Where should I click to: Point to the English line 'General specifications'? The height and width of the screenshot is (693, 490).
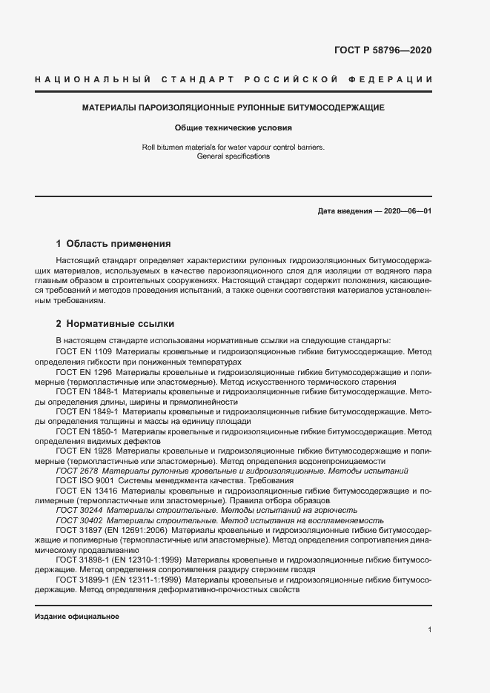234,156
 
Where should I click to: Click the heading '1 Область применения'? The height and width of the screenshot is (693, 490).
113,243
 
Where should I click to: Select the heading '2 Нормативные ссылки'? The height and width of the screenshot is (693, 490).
115,324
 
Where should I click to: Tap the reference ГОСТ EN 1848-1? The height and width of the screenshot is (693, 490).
87,391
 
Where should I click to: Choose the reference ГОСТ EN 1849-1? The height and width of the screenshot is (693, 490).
87,411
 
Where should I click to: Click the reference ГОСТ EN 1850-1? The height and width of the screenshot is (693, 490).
87,431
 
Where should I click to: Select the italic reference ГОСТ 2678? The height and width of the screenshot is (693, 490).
76,471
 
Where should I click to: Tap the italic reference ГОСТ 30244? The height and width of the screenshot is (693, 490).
79,511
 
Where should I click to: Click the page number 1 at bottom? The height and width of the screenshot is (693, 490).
429,630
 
